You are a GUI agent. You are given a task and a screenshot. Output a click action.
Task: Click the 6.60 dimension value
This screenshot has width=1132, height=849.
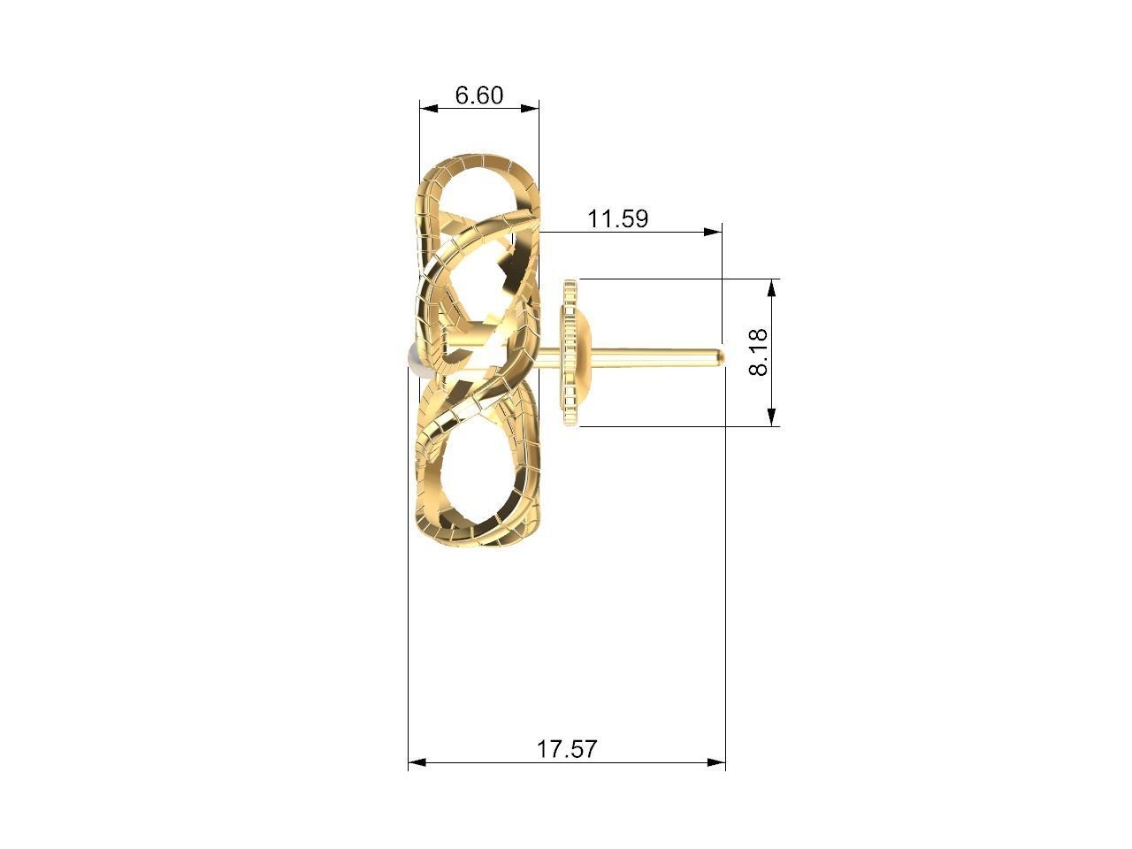(x=478, y=95)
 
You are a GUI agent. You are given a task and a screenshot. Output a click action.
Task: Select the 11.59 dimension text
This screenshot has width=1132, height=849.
(x=618, y=218)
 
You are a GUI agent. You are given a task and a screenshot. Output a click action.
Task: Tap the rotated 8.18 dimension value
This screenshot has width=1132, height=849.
(x=759, y=352)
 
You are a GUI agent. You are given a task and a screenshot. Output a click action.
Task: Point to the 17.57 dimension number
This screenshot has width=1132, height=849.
(x=567, y=749)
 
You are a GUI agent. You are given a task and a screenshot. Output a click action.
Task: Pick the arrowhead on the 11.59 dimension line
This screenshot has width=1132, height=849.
(x=712, y=232)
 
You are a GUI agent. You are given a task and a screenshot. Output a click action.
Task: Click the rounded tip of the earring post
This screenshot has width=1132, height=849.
(x=720, y=356)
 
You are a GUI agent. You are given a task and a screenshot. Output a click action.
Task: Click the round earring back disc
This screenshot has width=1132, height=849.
(x=570, y=353)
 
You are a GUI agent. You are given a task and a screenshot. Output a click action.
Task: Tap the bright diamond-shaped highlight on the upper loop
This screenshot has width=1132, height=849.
(x=509, y=263)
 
